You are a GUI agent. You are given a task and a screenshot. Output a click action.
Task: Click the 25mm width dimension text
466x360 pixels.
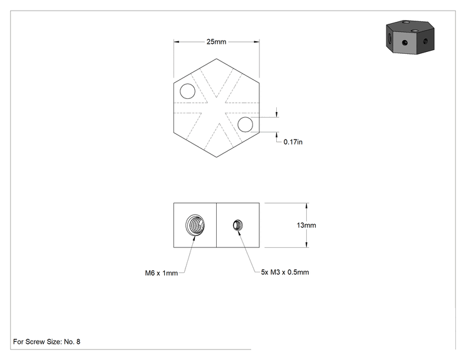(216, 42)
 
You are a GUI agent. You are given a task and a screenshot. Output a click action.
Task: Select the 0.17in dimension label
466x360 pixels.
(293, 142)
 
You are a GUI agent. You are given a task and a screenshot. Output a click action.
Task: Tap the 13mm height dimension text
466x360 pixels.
(306, 225)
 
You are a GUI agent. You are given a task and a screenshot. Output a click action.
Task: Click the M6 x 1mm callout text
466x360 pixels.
(162, 273)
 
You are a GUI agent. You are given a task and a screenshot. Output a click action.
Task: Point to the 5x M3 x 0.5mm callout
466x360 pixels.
(285, 272)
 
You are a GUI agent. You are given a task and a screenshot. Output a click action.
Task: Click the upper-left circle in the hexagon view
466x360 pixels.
(187, 91)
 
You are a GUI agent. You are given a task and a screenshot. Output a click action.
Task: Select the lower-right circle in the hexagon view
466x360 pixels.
(246, 125)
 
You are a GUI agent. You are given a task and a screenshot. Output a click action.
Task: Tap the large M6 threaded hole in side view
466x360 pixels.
(195, 225)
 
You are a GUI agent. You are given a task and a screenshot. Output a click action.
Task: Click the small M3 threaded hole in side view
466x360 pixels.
(237, 225)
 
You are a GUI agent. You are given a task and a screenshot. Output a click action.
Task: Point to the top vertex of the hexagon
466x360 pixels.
(216, 58)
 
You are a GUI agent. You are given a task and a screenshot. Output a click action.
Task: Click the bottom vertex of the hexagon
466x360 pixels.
(216, 157)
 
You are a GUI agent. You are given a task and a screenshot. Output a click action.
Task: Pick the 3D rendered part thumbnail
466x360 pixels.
(410, 37)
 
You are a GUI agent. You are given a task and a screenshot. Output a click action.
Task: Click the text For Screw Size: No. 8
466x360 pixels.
(46, 342)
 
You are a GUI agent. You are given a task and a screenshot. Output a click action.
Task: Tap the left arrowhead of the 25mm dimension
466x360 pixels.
(177, 42)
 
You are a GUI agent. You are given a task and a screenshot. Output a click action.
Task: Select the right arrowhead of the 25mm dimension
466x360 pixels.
(256, 42)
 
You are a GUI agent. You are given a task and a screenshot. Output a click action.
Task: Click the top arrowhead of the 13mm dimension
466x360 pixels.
(307, 206)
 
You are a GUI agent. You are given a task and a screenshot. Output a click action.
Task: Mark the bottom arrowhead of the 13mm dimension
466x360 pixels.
(307, 244)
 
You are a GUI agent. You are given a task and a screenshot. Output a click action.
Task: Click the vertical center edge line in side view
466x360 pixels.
(216, 225)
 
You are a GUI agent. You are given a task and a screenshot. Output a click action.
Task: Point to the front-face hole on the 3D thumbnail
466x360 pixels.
(405, 43)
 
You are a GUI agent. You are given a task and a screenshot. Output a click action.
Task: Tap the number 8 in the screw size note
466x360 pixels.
(78, 342)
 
